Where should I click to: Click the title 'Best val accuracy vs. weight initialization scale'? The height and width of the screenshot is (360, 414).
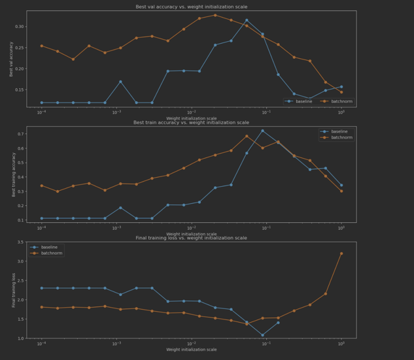191,7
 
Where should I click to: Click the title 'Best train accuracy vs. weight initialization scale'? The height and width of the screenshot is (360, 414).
191,122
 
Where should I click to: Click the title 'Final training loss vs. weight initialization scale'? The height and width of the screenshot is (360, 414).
191,238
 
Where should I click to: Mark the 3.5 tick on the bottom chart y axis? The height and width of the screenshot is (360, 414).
19,242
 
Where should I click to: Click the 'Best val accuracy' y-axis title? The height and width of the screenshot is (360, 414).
10,59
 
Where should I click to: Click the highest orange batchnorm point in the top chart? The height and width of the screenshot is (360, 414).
233,15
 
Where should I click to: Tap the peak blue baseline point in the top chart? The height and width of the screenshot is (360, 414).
265,20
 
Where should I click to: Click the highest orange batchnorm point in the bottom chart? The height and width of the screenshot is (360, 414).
341,254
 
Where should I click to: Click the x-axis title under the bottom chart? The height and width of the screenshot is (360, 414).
191,350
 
